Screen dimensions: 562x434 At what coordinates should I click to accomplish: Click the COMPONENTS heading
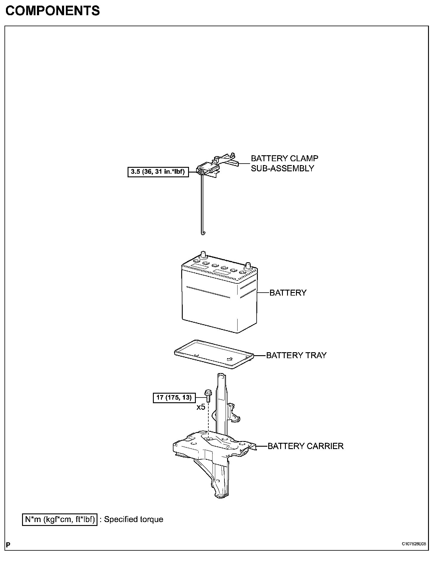pyautogui.click(x=52, y=11)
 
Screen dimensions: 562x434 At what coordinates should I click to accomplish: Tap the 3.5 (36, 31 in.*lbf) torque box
pyautogui.click(x=158, y=172)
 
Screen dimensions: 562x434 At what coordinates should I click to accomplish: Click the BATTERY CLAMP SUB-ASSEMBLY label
pyautogui.click(x=284, y=163)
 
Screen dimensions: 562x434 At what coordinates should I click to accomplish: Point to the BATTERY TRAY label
pyautogui.click(x=296, y=355)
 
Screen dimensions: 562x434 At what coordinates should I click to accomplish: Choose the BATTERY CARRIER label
pyautogui.click(x=306, y=446)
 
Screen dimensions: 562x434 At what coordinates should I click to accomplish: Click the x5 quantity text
pyautogui.click(x=201, y=407)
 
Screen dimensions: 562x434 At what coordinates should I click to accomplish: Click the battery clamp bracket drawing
pyautogui.click(x=216, y=167)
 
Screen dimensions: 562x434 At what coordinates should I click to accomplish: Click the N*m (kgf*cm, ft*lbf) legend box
pyautogui.click(x=60, y=519)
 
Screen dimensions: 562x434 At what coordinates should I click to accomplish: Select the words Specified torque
pyautogui.click(x=134, y=519)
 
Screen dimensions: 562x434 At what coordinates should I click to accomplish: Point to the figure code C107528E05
pyautogui.click(x=414, y=544)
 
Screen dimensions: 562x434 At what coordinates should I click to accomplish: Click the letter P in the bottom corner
pyautogui.click(x=8, y=545)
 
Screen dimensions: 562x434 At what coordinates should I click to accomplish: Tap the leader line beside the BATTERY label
pyautogui.click(x=263, y=293)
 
